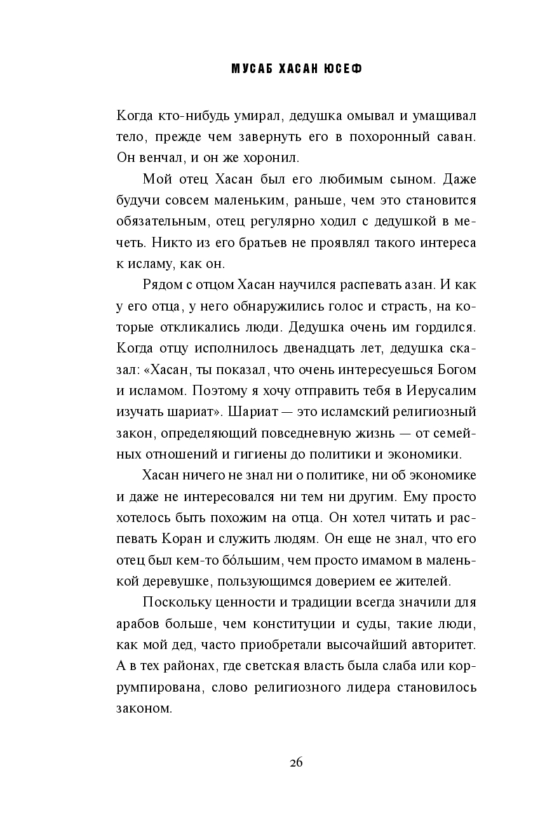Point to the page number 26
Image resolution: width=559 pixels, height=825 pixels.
(x=295, y=763)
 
